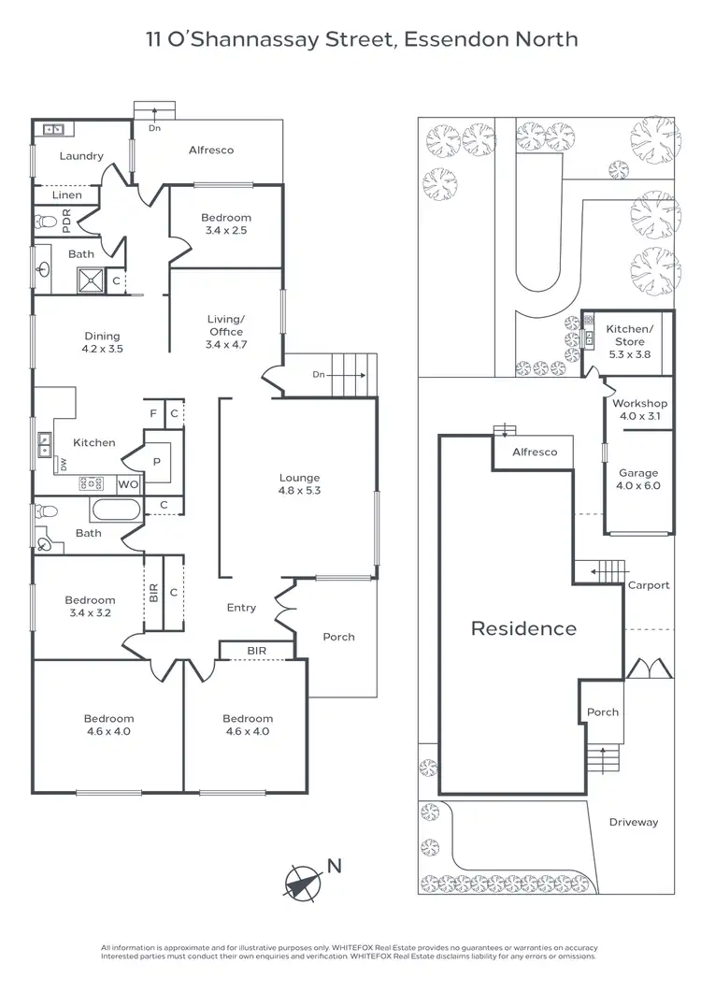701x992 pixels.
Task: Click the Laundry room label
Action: tap(81, 156)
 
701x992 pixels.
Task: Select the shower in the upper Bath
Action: tap(92, 280)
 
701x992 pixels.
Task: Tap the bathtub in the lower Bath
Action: tap(115, 510)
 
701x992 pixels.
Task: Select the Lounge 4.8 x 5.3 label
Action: tap(299, 484)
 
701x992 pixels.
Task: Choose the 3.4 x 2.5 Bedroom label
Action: tap(226, 223)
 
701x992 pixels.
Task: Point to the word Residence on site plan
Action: tap(523, 628)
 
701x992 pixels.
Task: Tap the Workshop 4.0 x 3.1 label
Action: tap(639, 410)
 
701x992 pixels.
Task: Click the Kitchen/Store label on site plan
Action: tap(629, 336)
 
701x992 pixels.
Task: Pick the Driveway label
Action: tap(634, 823)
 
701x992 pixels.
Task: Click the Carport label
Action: tap(649, 585)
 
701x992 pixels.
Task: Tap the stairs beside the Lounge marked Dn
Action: tap(350, 374)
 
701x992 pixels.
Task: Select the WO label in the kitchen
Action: tap(127, 484)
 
